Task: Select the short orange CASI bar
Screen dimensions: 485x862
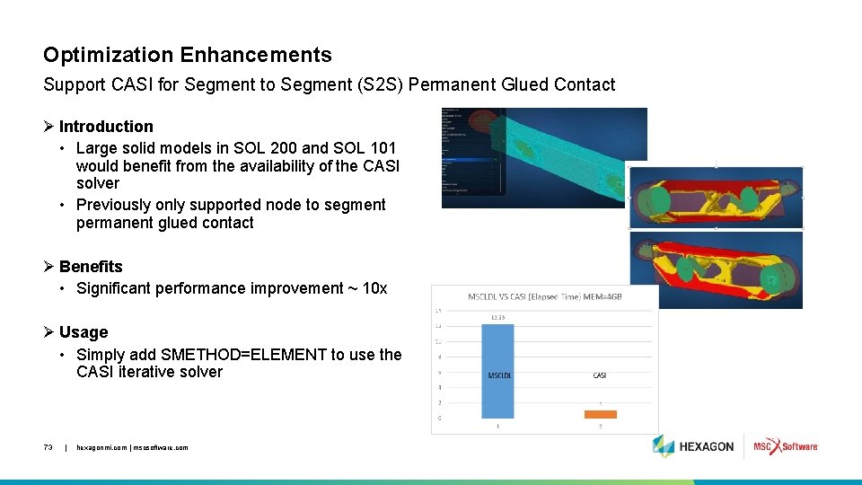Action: tap(601, 414)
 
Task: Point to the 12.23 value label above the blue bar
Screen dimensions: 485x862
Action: tap(499, 316)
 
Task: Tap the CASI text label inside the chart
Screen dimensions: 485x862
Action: tap(600, 375)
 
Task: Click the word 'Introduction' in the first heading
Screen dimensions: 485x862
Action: tap(106, 127)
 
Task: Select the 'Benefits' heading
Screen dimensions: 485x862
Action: tap(91, 267)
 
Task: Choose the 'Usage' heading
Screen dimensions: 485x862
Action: tap(84, 332)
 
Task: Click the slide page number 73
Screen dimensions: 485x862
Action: tap(48, 447)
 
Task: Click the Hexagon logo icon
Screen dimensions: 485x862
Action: tap(664, 446)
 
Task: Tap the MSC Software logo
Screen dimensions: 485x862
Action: tap(786, 446)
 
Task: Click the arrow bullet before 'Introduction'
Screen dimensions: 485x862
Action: tap(49, 127)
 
